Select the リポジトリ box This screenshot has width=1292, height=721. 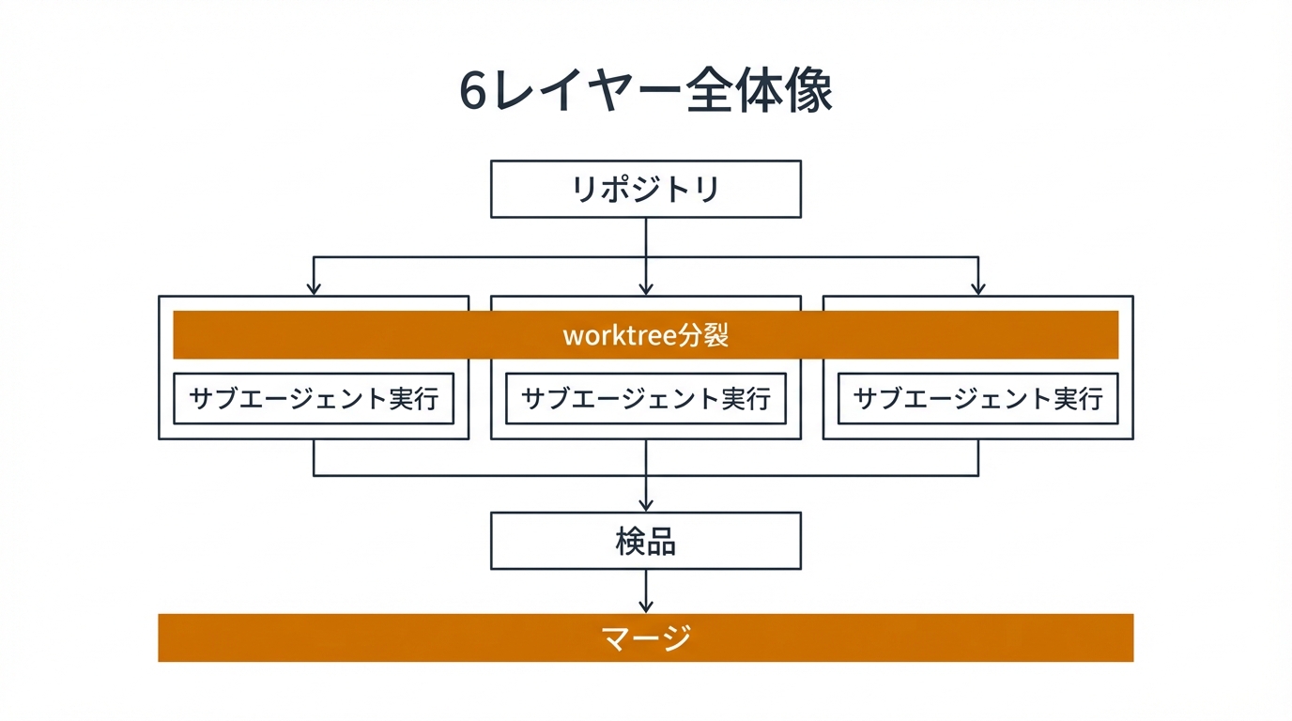(x=646, y=189)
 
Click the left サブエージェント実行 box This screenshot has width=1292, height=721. (x=314, y=398)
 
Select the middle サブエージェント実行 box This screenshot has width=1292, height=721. (x=646, y=398)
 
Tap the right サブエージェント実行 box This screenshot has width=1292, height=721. (x=978, y=398)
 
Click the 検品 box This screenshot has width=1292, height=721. (x=646, y=541)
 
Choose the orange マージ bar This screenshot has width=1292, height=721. (x=646, y=637)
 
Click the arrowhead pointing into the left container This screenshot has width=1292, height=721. (x=314, y=289)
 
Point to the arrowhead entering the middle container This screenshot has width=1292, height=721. (x=646, y=289)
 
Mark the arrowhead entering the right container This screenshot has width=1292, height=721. (x=978, y=289)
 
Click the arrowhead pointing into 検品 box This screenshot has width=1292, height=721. (x=646, y=505)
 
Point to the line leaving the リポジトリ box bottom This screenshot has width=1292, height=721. (x=646, y=235)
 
